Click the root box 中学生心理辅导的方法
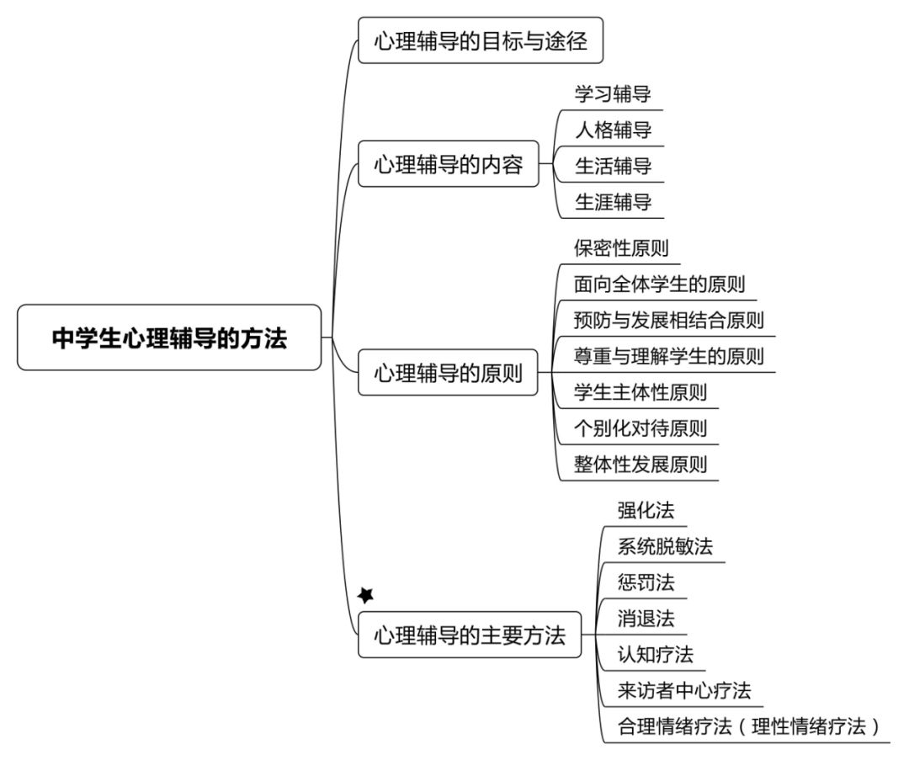click(169, 337)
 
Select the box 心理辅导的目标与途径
click(481, 40)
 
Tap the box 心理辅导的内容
click(449, 163)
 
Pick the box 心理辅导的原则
click(448, 372)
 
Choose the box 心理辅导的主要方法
click(470, 635)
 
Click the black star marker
click(366, 595)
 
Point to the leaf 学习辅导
click(613, 94)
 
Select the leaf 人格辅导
click(613, 130)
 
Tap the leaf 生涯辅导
click(613, 202)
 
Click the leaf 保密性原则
click(621, 248)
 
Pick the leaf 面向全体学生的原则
click(659, 284)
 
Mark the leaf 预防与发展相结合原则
click(668, 320)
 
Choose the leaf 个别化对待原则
click(640, 428)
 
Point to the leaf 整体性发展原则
click(640, 465)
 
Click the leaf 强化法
click(646, 510)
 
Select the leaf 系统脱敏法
click(665, 546)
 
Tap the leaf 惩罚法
click(646, 582)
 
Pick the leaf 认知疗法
click(655, 655)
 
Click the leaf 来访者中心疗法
click(684, 690)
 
